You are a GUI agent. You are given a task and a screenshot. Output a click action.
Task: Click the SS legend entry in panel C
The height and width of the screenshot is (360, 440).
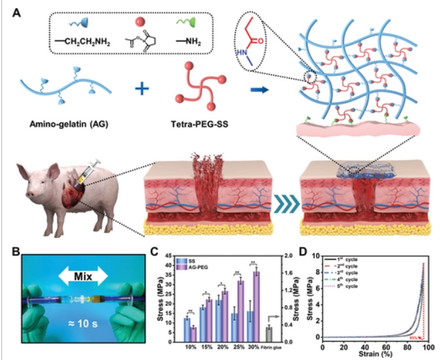[186, 261]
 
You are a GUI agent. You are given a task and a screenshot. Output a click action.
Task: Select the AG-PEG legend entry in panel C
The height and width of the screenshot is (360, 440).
[192, 268]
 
